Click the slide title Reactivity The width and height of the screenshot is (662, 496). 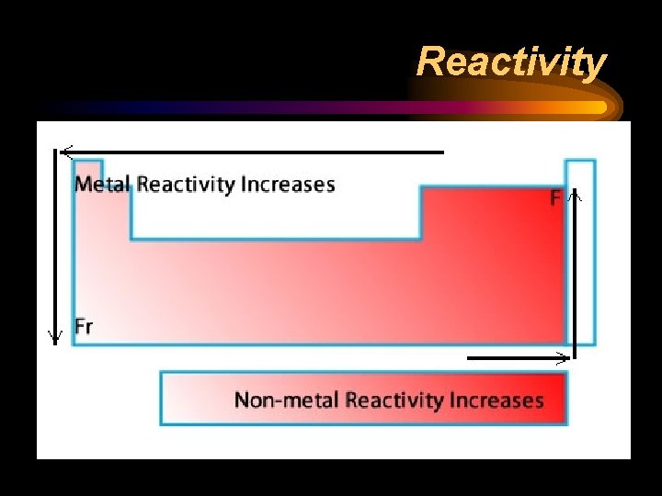[511, 62]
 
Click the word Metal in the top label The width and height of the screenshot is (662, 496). [103, 184]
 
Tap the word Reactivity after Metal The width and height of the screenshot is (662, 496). [185, 184]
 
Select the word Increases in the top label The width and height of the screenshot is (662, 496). [288, 184]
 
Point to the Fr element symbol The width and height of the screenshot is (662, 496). [84, 326]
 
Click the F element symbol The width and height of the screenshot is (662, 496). [555, 197]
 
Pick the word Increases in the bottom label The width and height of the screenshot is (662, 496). [496, 400]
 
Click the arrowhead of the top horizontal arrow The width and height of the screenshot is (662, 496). [63, 152]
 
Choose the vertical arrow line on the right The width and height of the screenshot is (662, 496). [576, 276]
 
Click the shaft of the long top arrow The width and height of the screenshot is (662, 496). [257, 152]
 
